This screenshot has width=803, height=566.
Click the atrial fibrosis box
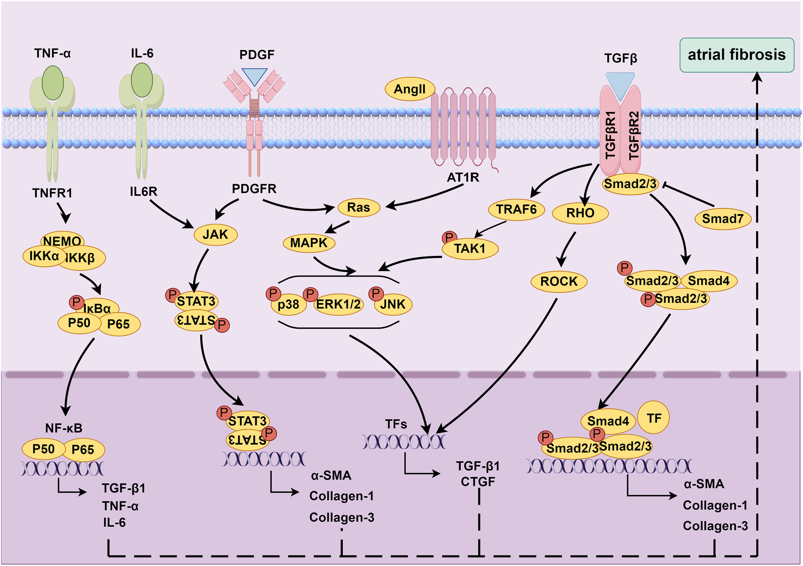736,55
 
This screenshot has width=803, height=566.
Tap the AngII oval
410,89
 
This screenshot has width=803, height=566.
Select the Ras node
358,207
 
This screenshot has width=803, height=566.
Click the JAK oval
215,234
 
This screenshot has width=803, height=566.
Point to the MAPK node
309,243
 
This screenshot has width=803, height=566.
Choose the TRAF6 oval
516,210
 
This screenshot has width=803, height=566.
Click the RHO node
580,213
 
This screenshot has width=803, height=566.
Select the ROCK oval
559,281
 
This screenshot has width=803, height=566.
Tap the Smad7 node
722,219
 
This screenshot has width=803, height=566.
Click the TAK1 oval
470,249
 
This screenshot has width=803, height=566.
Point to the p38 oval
288,305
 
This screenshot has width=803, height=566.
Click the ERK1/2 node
339,304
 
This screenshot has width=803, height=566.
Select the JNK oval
393,304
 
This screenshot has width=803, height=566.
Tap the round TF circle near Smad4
654,418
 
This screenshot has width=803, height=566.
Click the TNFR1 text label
52,193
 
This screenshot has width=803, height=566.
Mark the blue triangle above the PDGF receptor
254,76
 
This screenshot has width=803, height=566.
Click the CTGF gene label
478,482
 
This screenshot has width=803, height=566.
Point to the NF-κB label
64,428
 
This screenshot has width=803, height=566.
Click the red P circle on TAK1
449,238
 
